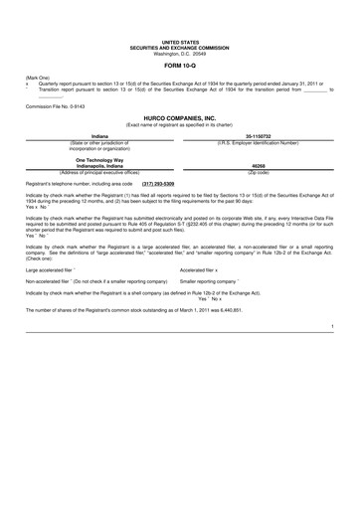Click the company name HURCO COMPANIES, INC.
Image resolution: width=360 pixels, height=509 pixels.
pyautogui.click(x=180, y=115)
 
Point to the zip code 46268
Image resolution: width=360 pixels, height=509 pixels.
pyautogui.click(x=259, y=166)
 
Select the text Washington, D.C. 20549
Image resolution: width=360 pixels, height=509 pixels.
pyautogui.click(x=180, y=53)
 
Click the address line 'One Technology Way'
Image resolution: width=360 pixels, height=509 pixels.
pyautogui.click(x=99, y=159)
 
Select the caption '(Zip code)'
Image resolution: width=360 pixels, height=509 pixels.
pyautogui.click(x=259, y=172)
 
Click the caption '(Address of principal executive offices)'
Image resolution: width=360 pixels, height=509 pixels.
pyautogui.click(x=99, y=172)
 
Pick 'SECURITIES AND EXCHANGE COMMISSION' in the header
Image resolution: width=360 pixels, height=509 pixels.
pyautogui.click(x=180, y=47)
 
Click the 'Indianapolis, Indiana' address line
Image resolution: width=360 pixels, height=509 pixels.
pyautogui.click(x=99, y=166)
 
